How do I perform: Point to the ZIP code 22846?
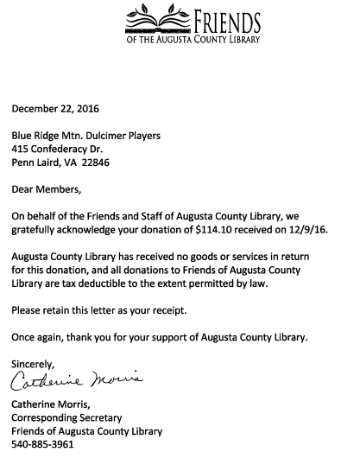pyautogui.click(x=94, y=162)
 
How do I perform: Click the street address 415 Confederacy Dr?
pyautogui.click(x=63, y=149)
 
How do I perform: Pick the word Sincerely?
pyautogui.click(x=34, y=363)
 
